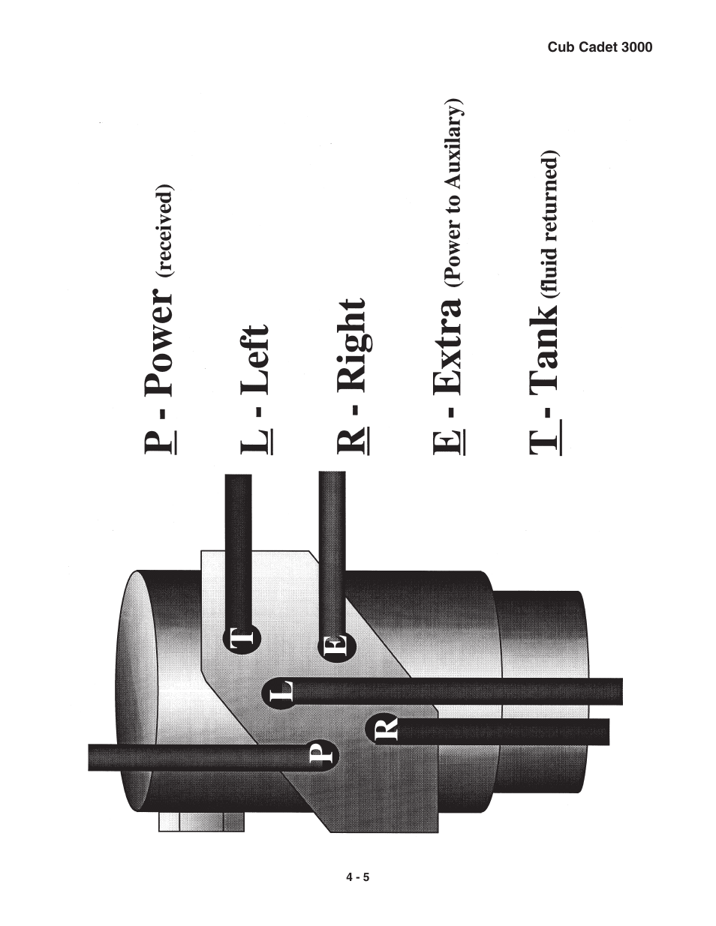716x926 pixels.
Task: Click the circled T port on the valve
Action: click(x=241, y=639)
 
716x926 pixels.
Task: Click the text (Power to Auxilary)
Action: click(x=452, y=195)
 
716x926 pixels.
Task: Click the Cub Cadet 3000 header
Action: click(x=599, y=47)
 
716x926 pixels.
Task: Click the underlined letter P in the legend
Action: click(x=158, y=442)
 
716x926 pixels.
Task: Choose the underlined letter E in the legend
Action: click(x=447, y=442)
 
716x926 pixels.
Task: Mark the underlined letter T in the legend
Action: click(x=543, y=442)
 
